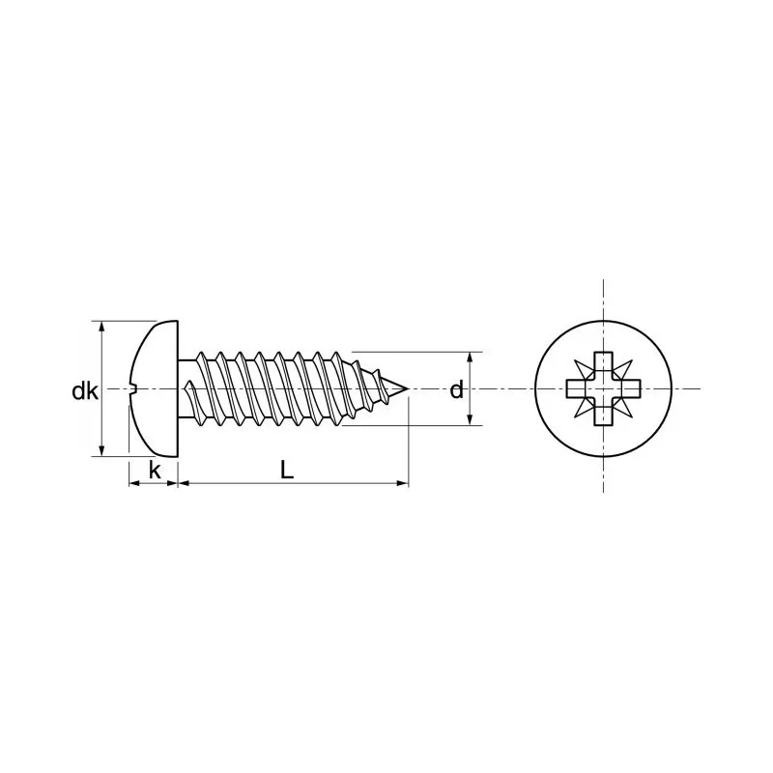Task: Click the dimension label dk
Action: click(84, 391)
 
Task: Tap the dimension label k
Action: click(154, 471)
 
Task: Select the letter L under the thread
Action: click(286, 470)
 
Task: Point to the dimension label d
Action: click(456, 390)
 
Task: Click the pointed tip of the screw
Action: click(409, 389)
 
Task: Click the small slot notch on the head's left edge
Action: click(135, 389)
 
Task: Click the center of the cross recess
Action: click(603, 389)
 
